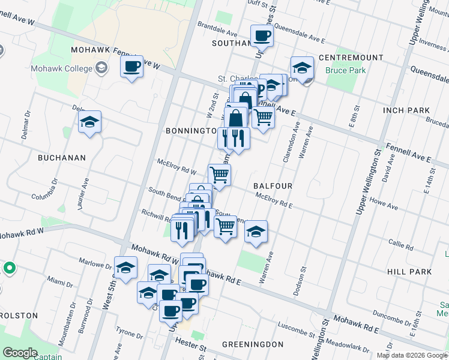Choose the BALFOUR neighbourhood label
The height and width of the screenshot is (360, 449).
pyautogui.click(x=273, y=186)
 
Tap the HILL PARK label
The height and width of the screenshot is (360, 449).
pyautogui.click(x=409, y=272)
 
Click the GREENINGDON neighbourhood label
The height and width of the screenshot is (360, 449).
pyautogui.click(x=252, y=344)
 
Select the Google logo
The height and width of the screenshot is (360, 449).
pyautogui.click(x=20, y=352)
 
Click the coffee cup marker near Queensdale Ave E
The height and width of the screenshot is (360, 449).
pyautogui.click(x=261, y=36)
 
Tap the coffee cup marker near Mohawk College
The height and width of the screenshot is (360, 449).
pyautogui.click(x=131, y=66)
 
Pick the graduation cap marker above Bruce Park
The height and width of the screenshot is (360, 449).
pyautogui.click(x=302, y=68)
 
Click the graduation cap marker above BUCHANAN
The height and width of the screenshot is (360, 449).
pyautogui.click(x=89, y=123)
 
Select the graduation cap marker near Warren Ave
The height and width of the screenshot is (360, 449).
pyautogui.click(x=256, y=232)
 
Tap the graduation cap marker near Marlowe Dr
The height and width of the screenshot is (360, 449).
pyautogui.click(x=125, y=268)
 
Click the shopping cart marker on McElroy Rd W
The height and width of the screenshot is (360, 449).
pyautogui.click(x=220, y=175)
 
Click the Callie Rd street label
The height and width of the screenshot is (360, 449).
pyautogui.click(x=401, y=247)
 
